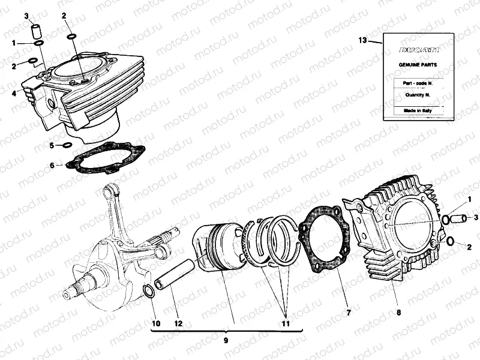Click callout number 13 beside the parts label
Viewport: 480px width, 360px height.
pos(362,40)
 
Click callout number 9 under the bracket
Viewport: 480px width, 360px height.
pos(226,340)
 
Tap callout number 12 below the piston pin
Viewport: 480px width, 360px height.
pos(178,323)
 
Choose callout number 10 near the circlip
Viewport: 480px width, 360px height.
pos(156,323)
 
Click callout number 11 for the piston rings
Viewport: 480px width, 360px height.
pos(286,323)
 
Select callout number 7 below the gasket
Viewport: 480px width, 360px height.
pos(349,313)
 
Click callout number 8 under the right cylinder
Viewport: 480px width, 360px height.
pos(398,313)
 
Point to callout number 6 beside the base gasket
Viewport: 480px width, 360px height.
pos(52,165)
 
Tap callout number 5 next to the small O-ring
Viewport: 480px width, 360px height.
pos(52,145)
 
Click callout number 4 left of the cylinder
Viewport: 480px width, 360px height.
pos(13,94)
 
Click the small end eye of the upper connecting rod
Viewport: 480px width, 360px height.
pos(110,191)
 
